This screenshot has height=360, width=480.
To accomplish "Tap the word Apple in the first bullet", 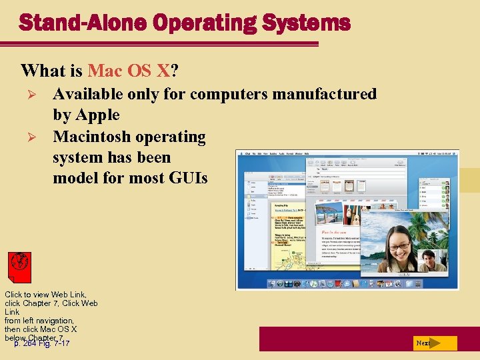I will coord(97,115).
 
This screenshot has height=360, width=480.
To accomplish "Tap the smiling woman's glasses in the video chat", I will coord(399,245).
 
